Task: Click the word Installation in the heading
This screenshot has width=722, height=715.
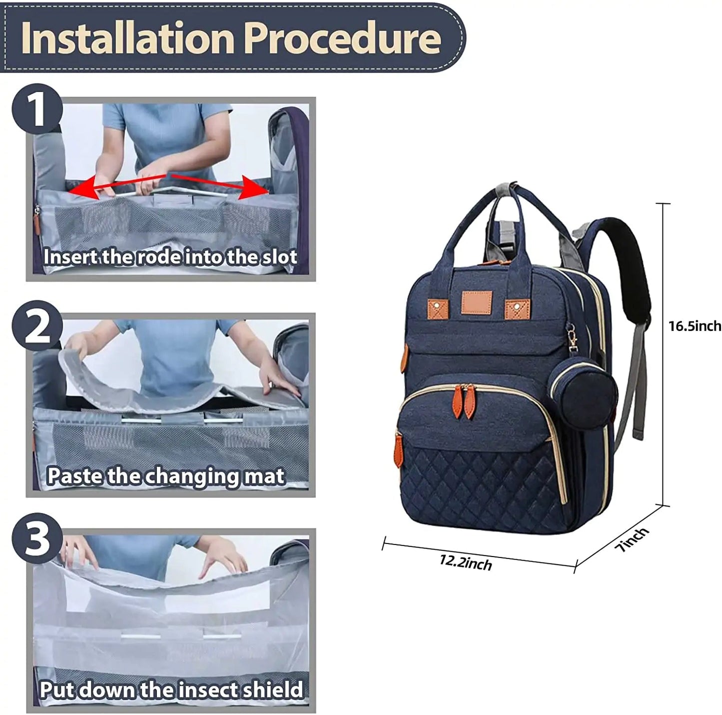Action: tap(127, 38)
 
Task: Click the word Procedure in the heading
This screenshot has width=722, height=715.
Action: tap(344, 38)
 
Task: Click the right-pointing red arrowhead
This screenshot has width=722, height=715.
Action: tap(255, 186)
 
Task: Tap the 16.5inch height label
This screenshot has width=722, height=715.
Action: tap(695, 326)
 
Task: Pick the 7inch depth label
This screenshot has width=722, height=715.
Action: tap(632, 539)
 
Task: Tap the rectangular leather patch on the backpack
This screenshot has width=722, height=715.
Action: tap(477, 305)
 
